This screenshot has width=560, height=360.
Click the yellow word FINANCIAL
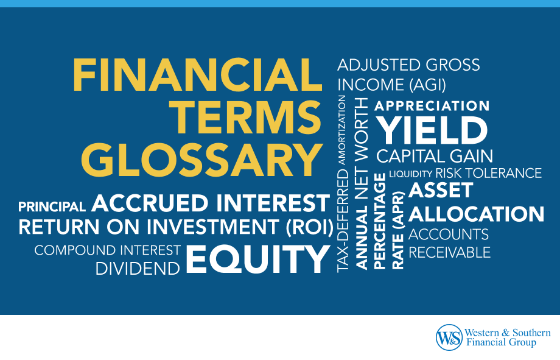pyautogui.click(x=197, y=76)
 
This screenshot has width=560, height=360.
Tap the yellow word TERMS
pyautogui.click(x=246, y=118)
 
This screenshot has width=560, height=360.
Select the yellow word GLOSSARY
pyautogui.click(x=202, y=160)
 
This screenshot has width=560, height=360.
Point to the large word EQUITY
pyautogui.click(x=257, y=259)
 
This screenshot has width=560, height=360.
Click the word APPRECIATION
pyautogui.click(x=432, y=106)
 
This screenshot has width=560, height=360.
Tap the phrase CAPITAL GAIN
pyautogui.click(x=435, y=156)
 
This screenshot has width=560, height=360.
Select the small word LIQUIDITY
pyautogui.click(x=410, y=174)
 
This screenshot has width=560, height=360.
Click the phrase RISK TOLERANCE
pyautogui.click(x=488, y=174)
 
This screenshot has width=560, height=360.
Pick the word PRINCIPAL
pyautogui.click(x=52, y=206)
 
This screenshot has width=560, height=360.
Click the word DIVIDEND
pyautogui.click(x=138, y=269)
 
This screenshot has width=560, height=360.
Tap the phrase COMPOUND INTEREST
pyautogui.click(x=108, y=250)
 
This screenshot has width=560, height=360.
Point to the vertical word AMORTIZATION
pyautogui.click(x=342, y=130)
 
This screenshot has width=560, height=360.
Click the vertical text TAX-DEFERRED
pyautogui.click(x=343, y=221)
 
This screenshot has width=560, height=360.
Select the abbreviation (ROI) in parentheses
pyautogui.click(x=309, y=227)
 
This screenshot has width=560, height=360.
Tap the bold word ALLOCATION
pyautogui.click(x=477, y=214)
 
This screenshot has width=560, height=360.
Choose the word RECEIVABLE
pyautogui.click(x=449, y=253)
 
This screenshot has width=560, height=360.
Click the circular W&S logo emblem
pyautogui.click(x=449, y=337)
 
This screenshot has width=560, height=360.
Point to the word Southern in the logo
pyautogui.click(x=531, y=333)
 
